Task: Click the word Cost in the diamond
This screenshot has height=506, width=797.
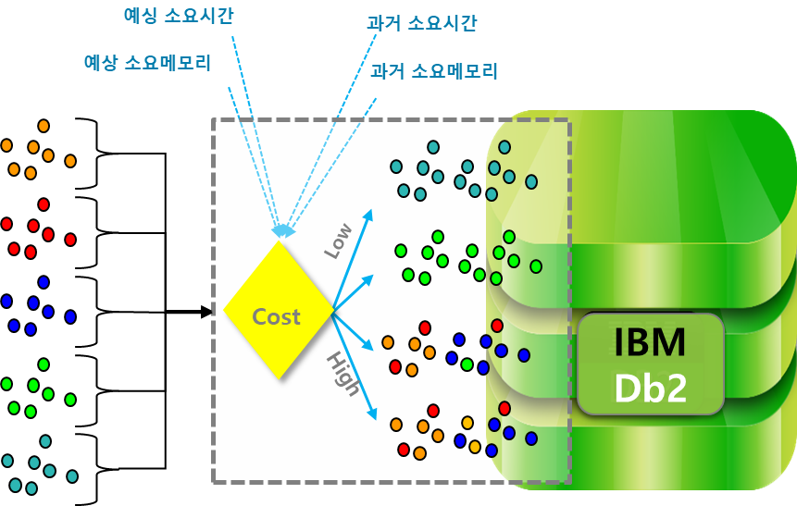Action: point(276,316)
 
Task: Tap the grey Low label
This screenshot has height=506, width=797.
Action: point(338,241)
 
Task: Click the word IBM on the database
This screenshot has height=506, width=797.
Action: point(650,342)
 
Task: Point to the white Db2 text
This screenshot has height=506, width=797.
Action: point(650,388)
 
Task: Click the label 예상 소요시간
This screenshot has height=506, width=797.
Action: point(178,15)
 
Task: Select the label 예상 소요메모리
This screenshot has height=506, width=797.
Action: point(147,63)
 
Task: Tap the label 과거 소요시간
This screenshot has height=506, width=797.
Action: point(421,23)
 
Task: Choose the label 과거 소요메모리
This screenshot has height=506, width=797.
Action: point(434,70)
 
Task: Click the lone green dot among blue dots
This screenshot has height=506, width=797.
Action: point(467,364)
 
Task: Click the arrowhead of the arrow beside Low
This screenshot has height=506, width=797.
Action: point(368,216)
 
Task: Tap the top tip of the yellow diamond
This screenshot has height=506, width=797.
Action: point(279,242)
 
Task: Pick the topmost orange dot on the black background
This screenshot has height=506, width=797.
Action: point(44,126)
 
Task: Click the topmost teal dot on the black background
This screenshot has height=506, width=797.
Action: point(45,441)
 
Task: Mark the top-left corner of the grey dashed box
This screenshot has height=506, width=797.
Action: point(214,119)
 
